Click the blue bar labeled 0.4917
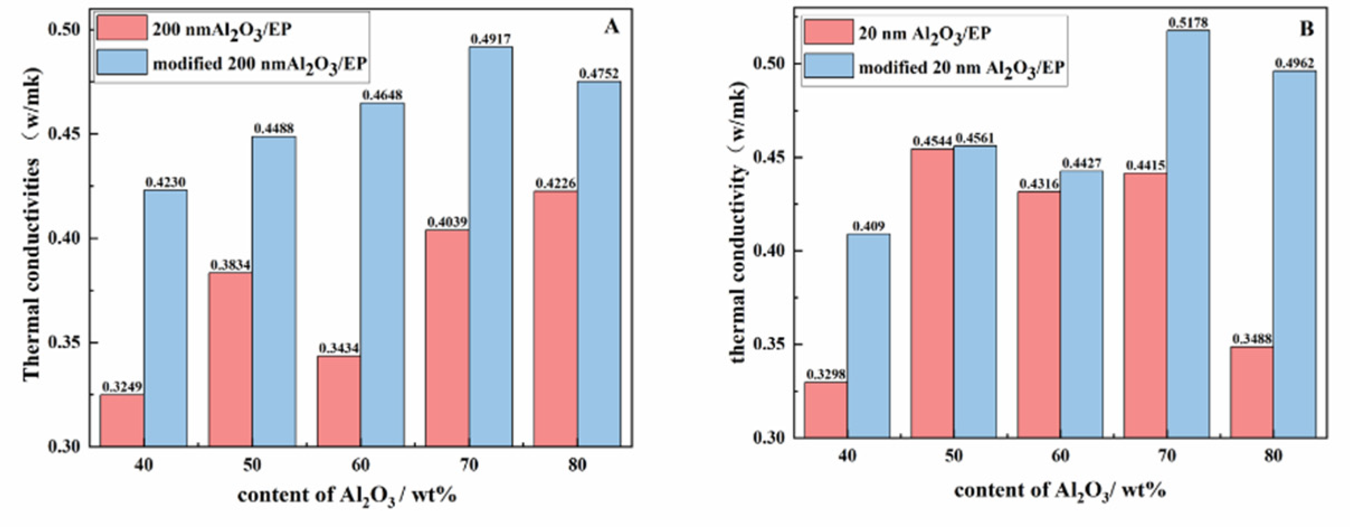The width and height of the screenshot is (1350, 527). click(x=491, y=246)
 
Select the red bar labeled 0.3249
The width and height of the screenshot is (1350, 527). click(x=122, y=420)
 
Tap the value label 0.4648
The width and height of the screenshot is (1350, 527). click(x=382, y=95)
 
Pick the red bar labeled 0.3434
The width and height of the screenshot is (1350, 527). click(x=339, y=401)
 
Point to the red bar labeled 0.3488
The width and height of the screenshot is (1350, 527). click(x=1252, y=392)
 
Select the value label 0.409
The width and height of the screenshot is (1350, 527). click(x=868, y=227)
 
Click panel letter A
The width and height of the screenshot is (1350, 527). click(x=611, y=27)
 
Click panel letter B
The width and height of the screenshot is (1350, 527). click(x=1306, y=29)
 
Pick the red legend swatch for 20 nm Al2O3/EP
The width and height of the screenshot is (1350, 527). click(x=829, y=32)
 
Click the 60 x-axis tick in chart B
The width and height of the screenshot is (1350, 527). click(x=1060, y=456)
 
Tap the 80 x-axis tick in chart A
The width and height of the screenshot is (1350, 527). click(x=577, y=465)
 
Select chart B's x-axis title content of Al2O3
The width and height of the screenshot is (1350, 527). click(x=1059, y=491)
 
